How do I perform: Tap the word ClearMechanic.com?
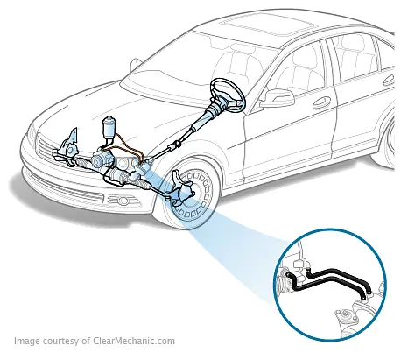[134, 342]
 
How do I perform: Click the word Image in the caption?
[28, 342]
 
